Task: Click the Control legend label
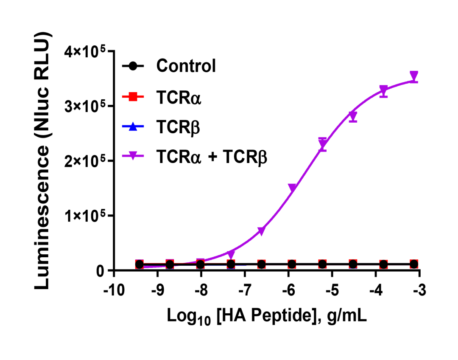(x=186, y=66)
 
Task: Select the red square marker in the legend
(x=133, y=97)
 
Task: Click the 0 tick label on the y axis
(x=101, y=270)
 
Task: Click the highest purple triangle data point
(x=414, y=75)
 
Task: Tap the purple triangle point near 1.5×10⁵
(x=292, y=188)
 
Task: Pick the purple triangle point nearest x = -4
(x=384, y=90)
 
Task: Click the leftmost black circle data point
(x=140, y=264)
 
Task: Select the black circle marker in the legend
(x=133, y=66)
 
